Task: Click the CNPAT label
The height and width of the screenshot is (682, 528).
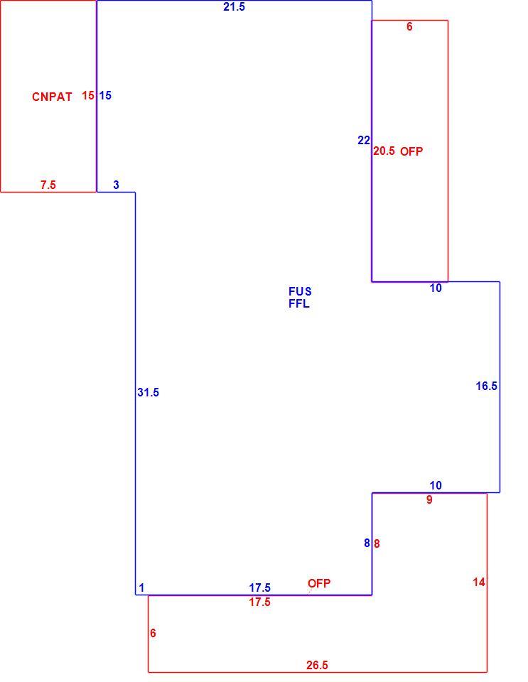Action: tap(52, 97)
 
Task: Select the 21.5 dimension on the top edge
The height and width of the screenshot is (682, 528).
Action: tap(234, 7)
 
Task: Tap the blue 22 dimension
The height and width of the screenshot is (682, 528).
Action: tap(364, 140)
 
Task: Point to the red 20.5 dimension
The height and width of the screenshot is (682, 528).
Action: tap(384, 151)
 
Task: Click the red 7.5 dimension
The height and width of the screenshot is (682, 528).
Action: tap(48, 185)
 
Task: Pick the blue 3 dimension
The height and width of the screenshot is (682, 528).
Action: tap(116, 185)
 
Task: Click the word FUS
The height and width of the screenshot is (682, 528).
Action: tap(300, 291)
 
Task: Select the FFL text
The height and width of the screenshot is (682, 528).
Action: tap(299, 303)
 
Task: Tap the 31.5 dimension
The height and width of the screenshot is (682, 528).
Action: tap(149, 392)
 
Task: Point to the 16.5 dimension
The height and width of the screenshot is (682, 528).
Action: tap(487, 386)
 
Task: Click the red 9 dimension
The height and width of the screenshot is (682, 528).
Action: tap(429, 499)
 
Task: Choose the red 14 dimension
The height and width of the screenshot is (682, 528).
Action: tap(479, 582)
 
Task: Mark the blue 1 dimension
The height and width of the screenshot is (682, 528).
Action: tap(141, 588)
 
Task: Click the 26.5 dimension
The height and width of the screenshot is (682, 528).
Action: tap(317, 665)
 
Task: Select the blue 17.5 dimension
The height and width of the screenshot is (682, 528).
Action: tap(259, 588)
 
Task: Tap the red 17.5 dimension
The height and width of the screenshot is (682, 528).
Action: tap(259, 602)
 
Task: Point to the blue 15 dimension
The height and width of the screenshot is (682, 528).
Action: tap(105, 95)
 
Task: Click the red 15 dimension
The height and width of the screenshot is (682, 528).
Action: tap(88, 95)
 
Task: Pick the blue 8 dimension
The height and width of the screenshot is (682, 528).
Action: tap(367, 543)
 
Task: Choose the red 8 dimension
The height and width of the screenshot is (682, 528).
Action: tap(377, 543)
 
